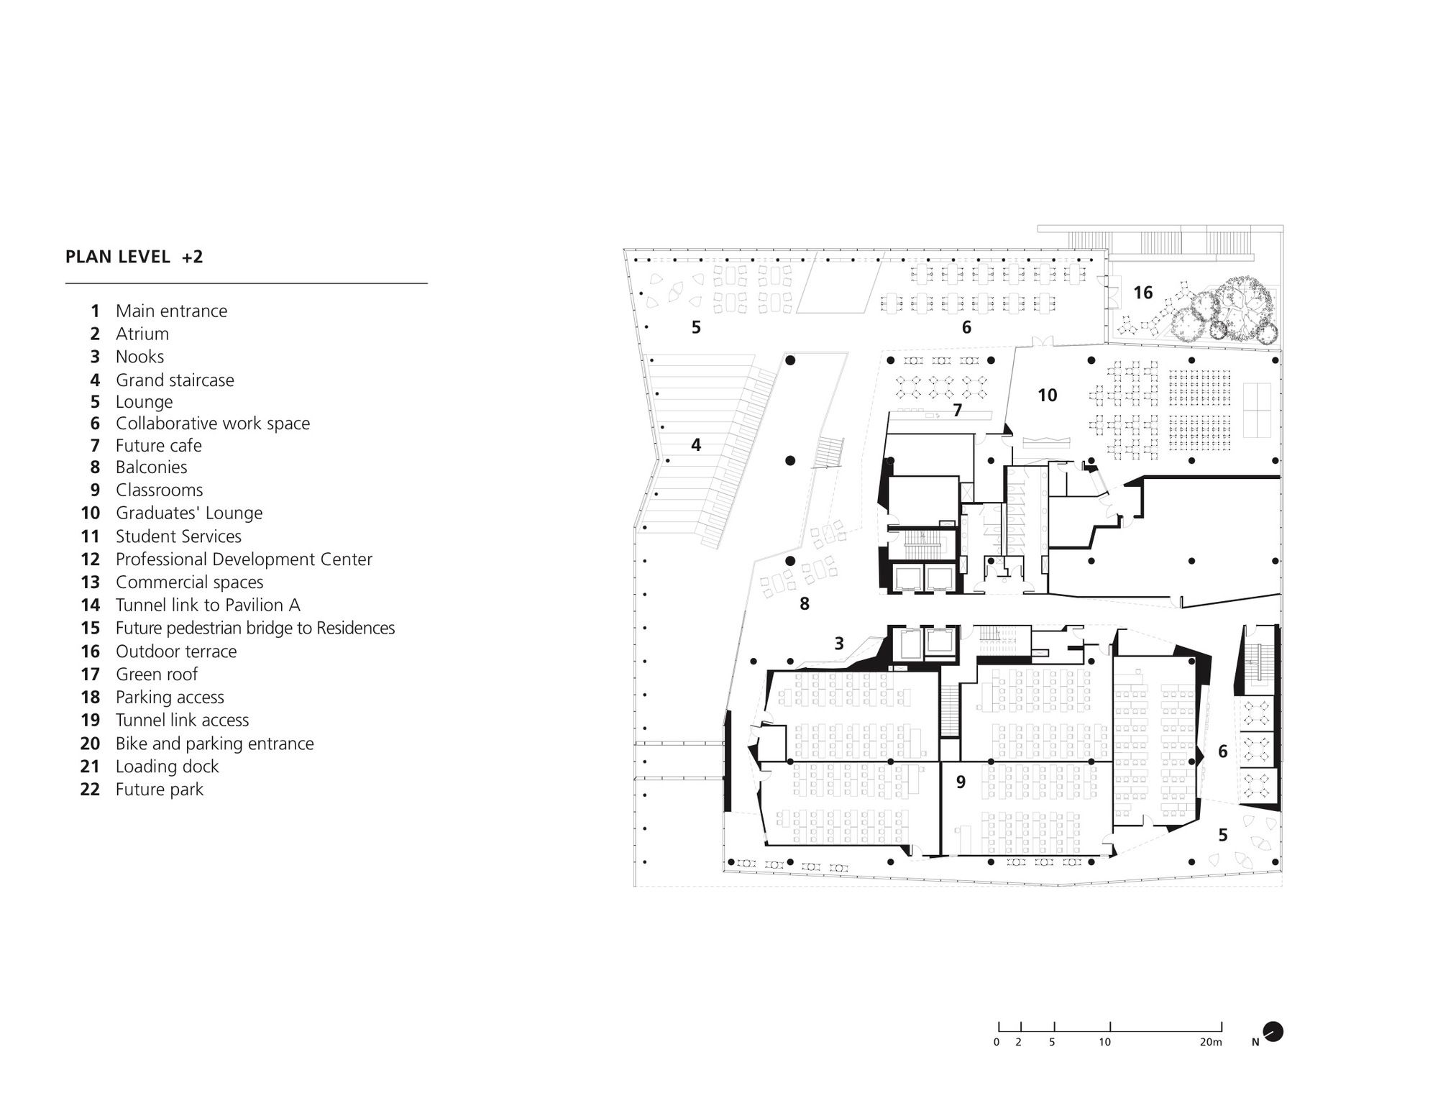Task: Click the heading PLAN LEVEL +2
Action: click(134, 257)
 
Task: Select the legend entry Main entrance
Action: click(171, 311)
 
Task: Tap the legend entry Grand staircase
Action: click(175, 380)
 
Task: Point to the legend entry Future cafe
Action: click(158, 445)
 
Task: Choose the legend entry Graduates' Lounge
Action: click(188, 513)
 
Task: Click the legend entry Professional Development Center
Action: click(244, 559)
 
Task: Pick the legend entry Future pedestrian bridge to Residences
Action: click(255, 628)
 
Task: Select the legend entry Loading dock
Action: click(167, 766)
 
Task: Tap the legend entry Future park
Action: click(159, 789)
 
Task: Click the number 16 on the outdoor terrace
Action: click(1142, 293)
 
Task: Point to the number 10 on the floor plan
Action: click(1047, 395)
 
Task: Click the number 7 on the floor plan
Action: click(957, 411)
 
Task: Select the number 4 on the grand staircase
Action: click(695, 445)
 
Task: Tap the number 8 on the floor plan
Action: click(804, 604)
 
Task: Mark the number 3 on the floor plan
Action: click(838, 644)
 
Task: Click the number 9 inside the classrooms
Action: click(961, 782)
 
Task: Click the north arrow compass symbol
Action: click(1273, 1032)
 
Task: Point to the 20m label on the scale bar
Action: click(1211, 1042)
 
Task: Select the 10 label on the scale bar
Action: click(1104, 1042)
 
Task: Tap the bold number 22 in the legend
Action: click(90, 789)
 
